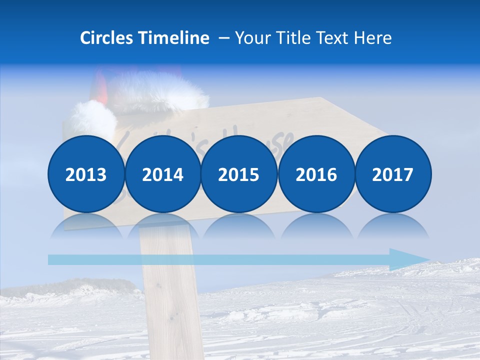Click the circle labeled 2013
(86, 174)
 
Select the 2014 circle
(162, 174)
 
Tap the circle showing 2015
(239, 174)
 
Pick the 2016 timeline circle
(316, 174)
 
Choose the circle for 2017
(392, 174)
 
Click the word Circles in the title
(107, 38)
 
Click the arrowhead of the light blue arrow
(410, 259)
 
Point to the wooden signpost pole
(167, 300)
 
